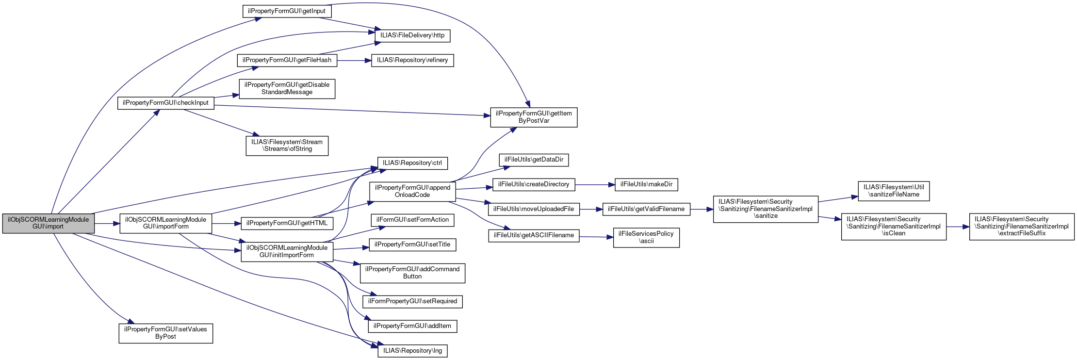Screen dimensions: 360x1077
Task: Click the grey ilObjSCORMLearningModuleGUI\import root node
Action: (48, 223)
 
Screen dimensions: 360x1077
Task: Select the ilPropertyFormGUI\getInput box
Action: (287, 11)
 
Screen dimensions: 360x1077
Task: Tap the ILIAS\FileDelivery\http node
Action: (412, 35)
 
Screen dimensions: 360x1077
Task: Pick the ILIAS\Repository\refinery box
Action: (412, 60)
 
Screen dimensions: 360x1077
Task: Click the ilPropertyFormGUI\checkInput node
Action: (165, 103)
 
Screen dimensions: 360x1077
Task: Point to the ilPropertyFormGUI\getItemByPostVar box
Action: (534, 117)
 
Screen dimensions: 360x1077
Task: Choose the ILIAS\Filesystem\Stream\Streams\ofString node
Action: (287, 146)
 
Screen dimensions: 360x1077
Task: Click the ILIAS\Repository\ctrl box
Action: (412, 163)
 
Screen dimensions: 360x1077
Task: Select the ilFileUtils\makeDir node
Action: (646, 184)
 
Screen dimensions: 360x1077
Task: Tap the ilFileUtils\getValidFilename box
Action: (646, 209)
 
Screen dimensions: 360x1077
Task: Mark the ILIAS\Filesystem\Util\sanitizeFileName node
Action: (894, 191)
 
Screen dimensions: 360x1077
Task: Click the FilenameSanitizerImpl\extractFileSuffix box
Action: (1022, 226)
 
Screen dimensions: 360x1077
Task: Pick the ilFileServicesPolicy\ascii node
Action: (646, 237)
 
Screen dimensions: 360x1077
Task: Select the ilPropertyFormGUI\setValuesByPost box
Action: (165, 333)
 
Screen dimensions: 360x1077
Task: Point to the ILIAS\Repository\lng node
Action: (412, 351)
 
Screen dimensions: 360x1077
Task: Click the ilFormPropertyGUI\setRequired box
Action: (412, 301)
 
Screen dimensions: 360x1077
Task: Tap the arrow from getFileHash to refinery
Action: (354, 60)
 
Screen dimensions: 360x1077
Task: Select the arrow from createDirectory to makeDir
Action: (595, 184)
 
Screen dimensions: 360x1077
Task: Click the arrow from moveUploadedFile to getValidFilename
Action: (591, 209)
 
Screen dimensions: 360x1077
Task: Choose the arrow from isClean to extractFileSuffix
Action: (958, 226)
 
